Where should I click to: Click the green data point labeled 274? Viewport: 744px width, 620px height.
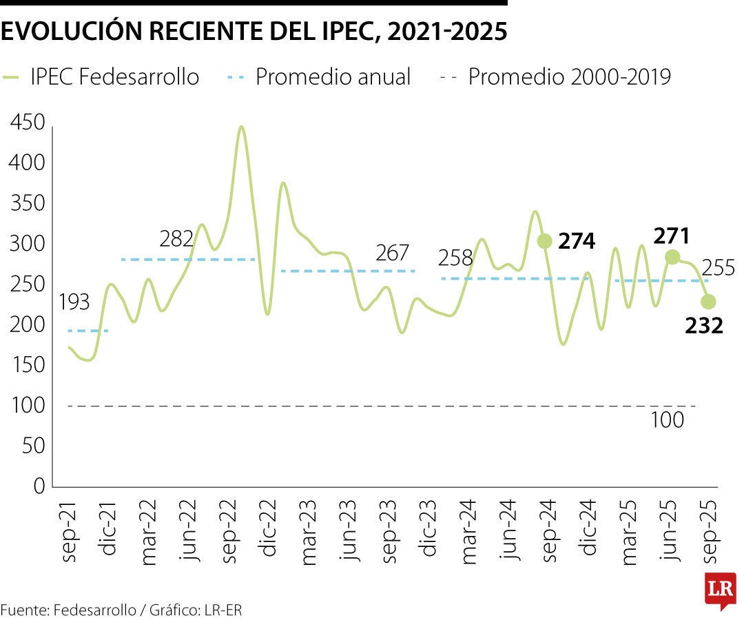tap(544, 240)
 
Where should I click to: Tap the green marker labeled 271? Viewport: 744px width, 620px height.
tap(672, 257)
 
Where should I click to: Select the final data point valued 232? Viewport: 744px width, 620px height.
tap(708, 302)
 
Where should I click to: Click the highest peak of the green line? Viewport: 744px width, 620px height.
tap(240, 127)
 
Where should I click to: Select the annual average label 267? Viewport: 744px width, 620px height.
tap(392, 253)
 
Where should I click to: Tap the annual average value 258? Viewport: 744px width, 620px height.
tap(455, 259)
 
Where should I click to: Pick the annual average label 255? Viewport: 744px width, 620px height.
tap(719, 268)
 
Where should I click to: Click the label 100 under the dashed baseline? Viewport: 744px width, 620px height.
tap(667, 420)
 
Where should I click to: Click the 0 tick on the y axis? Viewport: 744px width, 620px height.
tap(39, 486)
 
